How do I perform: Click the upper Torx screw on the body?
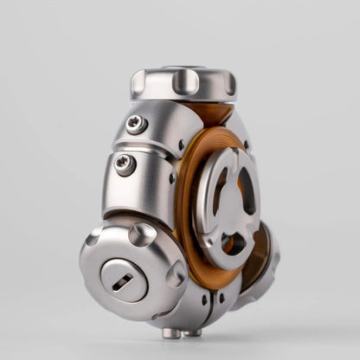[135, 124]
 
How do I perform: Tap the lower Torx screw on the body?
[125, 164]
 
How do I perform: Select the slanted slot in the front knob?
[124, 280]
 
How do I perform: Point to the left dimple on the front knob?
[93, 240]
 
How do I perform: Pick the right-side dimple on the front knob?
[176, 274]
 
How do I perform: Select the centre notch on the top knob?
[186, 81]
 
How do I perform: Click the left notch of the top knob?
[138, 84]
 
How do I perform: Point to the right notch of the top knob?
[230, 83]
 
